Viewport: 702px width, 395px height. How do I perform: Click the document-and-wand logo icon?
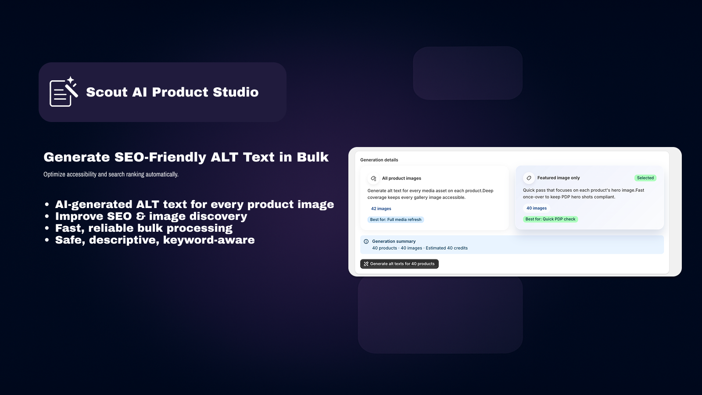click(64, 92)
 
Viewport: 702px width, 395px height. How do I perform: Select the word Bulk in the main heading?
click(312, 157)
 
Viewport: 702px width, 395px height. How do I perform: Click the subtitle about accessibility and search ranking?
click(111, 174)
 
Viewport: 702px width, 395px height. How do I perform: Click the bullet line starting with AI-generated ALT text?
click(194, 205)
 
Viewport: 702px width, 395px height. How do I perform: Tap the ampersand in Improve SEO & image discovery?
click(140, 216)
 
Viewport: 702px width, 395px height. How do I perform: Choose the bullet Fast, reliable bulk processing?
click(143, 228)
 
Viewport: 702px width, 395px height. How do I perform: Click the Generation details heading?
click(379, 160)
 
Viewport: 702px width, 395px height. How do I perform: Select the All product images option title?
click(401, 178)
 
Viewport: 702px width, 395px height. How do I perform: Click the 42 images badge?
click(381, 208)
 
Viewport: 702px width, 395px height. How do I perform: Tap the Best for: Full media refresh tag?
click(395, 219)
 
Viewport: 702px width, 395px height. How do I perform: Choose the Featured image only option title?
click(559, 178)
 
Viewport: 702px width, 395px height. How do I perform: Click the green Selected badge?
click(645, 178)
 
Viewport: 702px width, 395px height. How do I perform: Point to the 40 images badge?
click(536, 208)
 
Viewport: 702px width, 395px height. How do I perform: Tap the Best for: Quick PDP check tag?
click(550, 219)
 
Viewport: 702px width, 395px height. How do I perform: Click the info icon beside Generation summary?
click(366, 241)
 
